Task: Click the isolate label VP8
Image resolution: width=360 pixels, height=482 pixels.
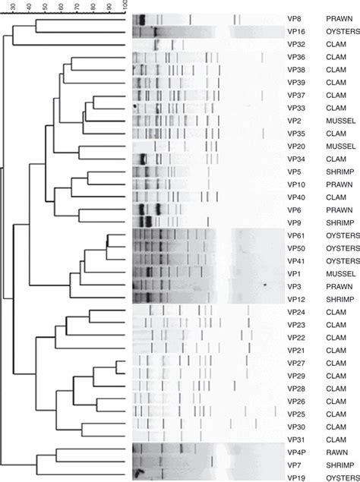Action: [x=294, y=18]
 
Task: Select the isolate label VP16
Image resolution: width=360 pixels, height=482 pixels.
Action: [x=296, y=31]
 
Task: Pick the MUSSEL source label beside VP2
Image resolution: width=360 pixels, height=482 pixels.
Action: [x=339, y=121]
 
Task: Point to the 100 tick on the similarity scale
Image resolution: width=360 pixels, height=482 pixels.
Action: [x=125, y=6]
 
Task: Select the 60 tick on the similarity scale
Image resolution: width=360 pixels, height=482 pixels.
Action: [x=61, y=6]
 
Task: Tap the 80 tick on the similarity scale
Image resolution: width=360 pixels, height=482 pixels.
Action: [x=93, y=6]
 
